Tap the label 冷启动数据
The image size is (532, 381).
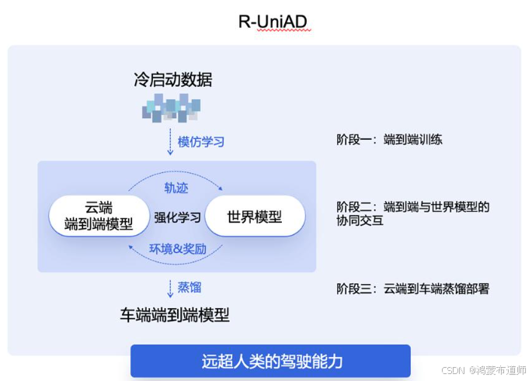172,80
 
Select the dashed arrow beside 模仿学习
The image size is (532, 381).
170,142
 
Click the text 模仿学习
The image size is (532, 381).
201,142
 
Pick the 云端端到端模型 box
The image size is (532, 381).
99,216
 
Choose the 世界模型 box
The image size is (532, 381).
254,216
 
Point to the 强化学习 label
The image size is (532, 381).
177,217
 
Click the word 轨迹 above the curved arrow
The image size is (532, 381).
176,189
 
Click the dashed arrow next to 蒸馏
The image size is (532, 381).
170,288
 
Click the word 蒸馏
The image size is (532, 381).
190,287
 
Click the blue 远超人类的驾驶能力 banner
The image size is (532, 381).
270,361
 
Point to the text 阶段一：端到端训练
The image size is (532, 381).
389,140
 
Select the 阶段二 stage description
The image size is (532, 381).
412,213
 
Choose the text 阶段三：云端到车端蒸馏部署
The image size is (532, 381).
412,289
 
